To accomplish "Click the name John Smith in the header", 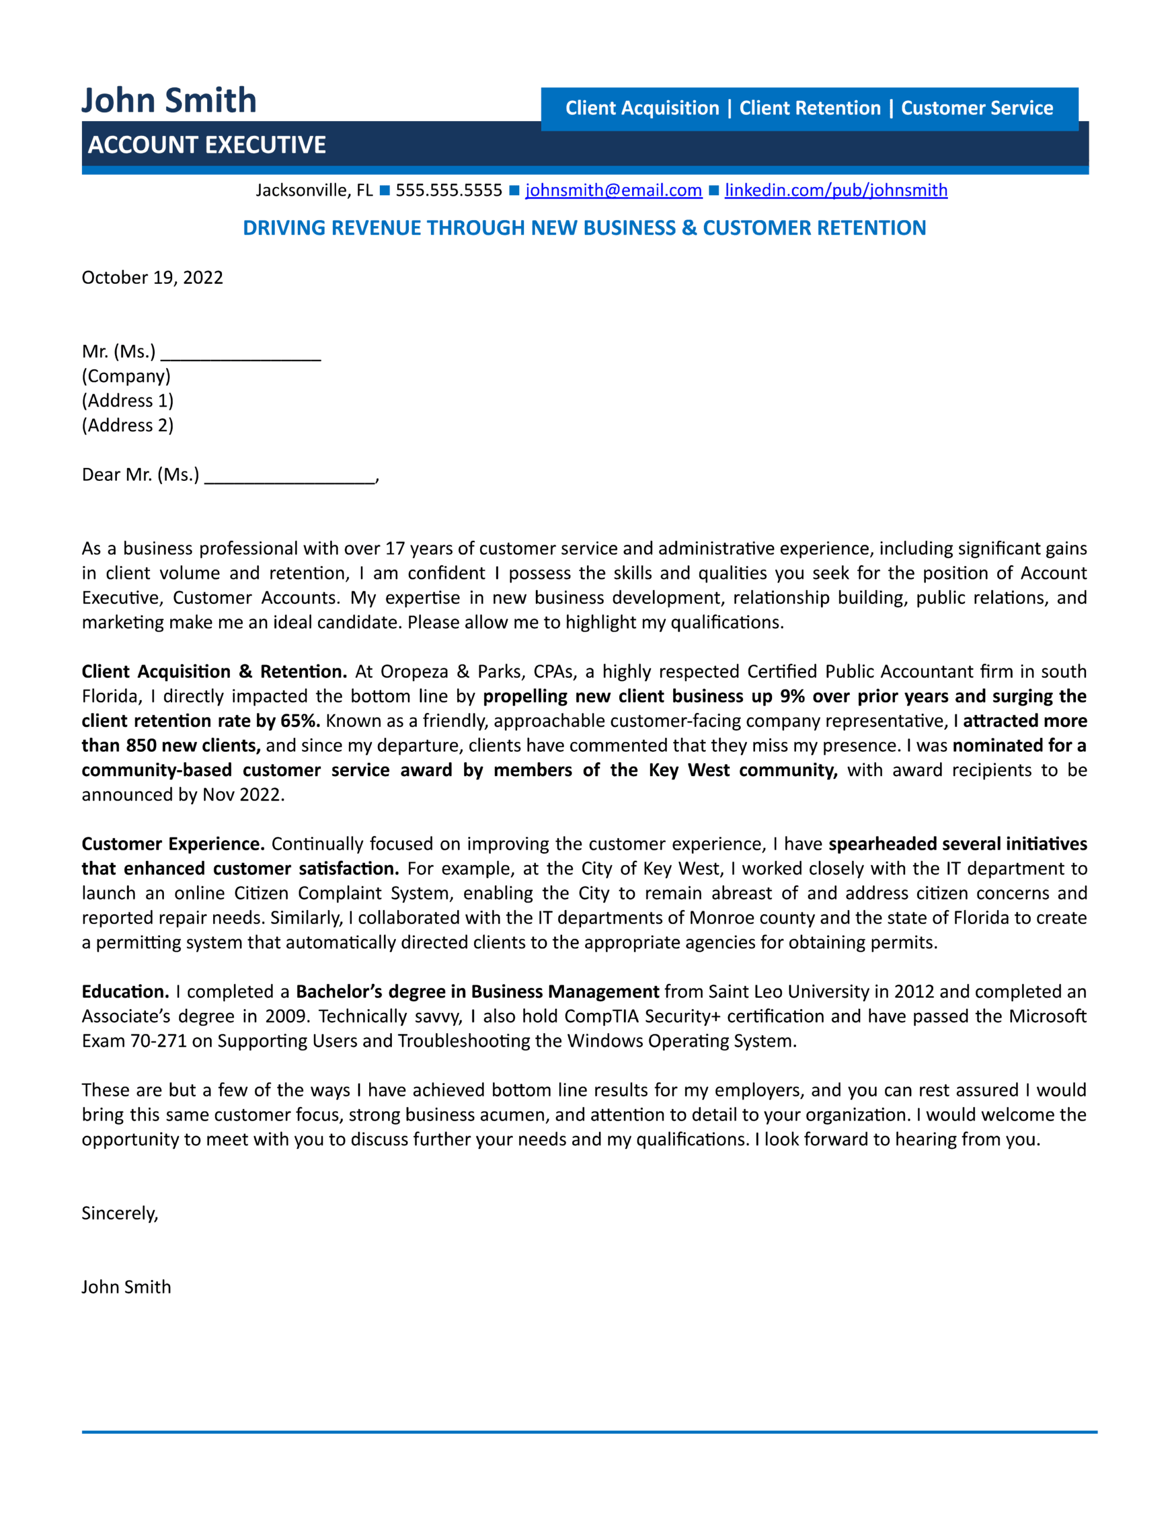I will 169,100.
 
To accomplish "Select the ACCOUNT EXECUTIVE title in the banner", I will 207,145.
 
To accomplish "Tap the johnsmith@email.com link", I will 613,190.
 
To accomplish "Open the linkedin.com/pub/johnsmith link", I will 836,190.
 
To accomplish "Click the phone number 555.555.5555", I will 448,190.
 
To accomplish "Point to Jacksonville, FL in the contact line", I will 314,190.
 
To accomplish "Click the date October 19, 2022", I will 153,278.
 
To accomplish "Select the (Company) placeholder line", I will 126,376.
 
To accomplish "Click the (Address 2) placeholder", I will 128,425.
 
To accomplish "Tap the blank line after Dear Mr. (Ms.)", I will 290,477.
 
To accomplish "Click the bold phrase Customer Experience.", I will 173,844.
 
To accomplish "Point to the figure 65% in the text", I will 300,720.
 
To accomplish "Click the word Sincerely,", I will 120,1213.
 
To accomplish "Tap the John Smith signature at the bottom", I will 126,1287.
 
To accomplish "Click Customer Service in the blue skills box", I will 976,108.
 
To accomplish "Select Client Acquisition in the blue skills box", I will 642,108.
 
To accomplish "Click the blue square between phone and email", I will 513,190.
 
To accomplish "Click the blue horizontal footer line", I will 589,1432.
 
